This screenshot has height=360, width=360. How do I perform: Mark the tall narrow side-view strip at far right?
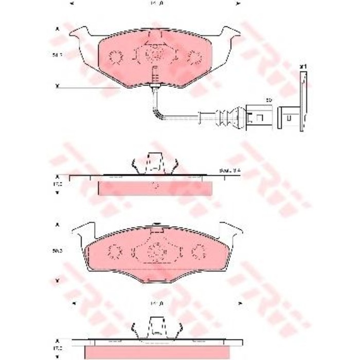point(304,100)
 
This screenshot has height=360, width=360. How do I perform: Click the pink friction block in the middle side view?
point(155,188)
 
